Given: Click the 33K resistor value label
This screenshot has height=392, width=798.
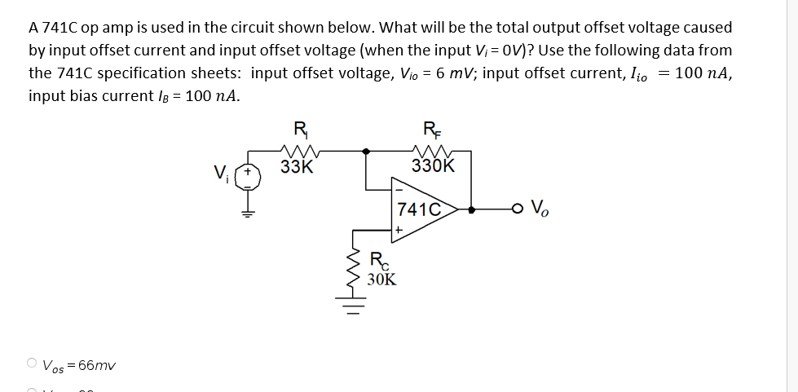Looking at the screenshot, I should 296,167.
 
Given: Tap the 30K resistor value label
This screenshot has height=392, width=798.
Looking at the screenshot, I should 381,280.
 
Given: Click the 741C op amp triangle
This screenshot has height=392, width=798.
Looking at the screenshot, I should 424,209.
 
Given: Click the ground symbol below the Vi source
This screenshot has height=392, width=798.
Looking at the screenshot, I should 245,213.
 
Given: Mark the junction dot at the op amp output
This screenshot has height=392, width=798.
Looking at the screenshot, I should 470,209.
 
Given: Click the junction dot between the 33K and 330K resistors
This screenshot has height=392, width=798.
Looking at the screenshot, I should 366,150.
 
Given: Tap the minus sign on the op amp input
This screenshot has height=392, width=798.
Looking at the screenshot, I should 399,192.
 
